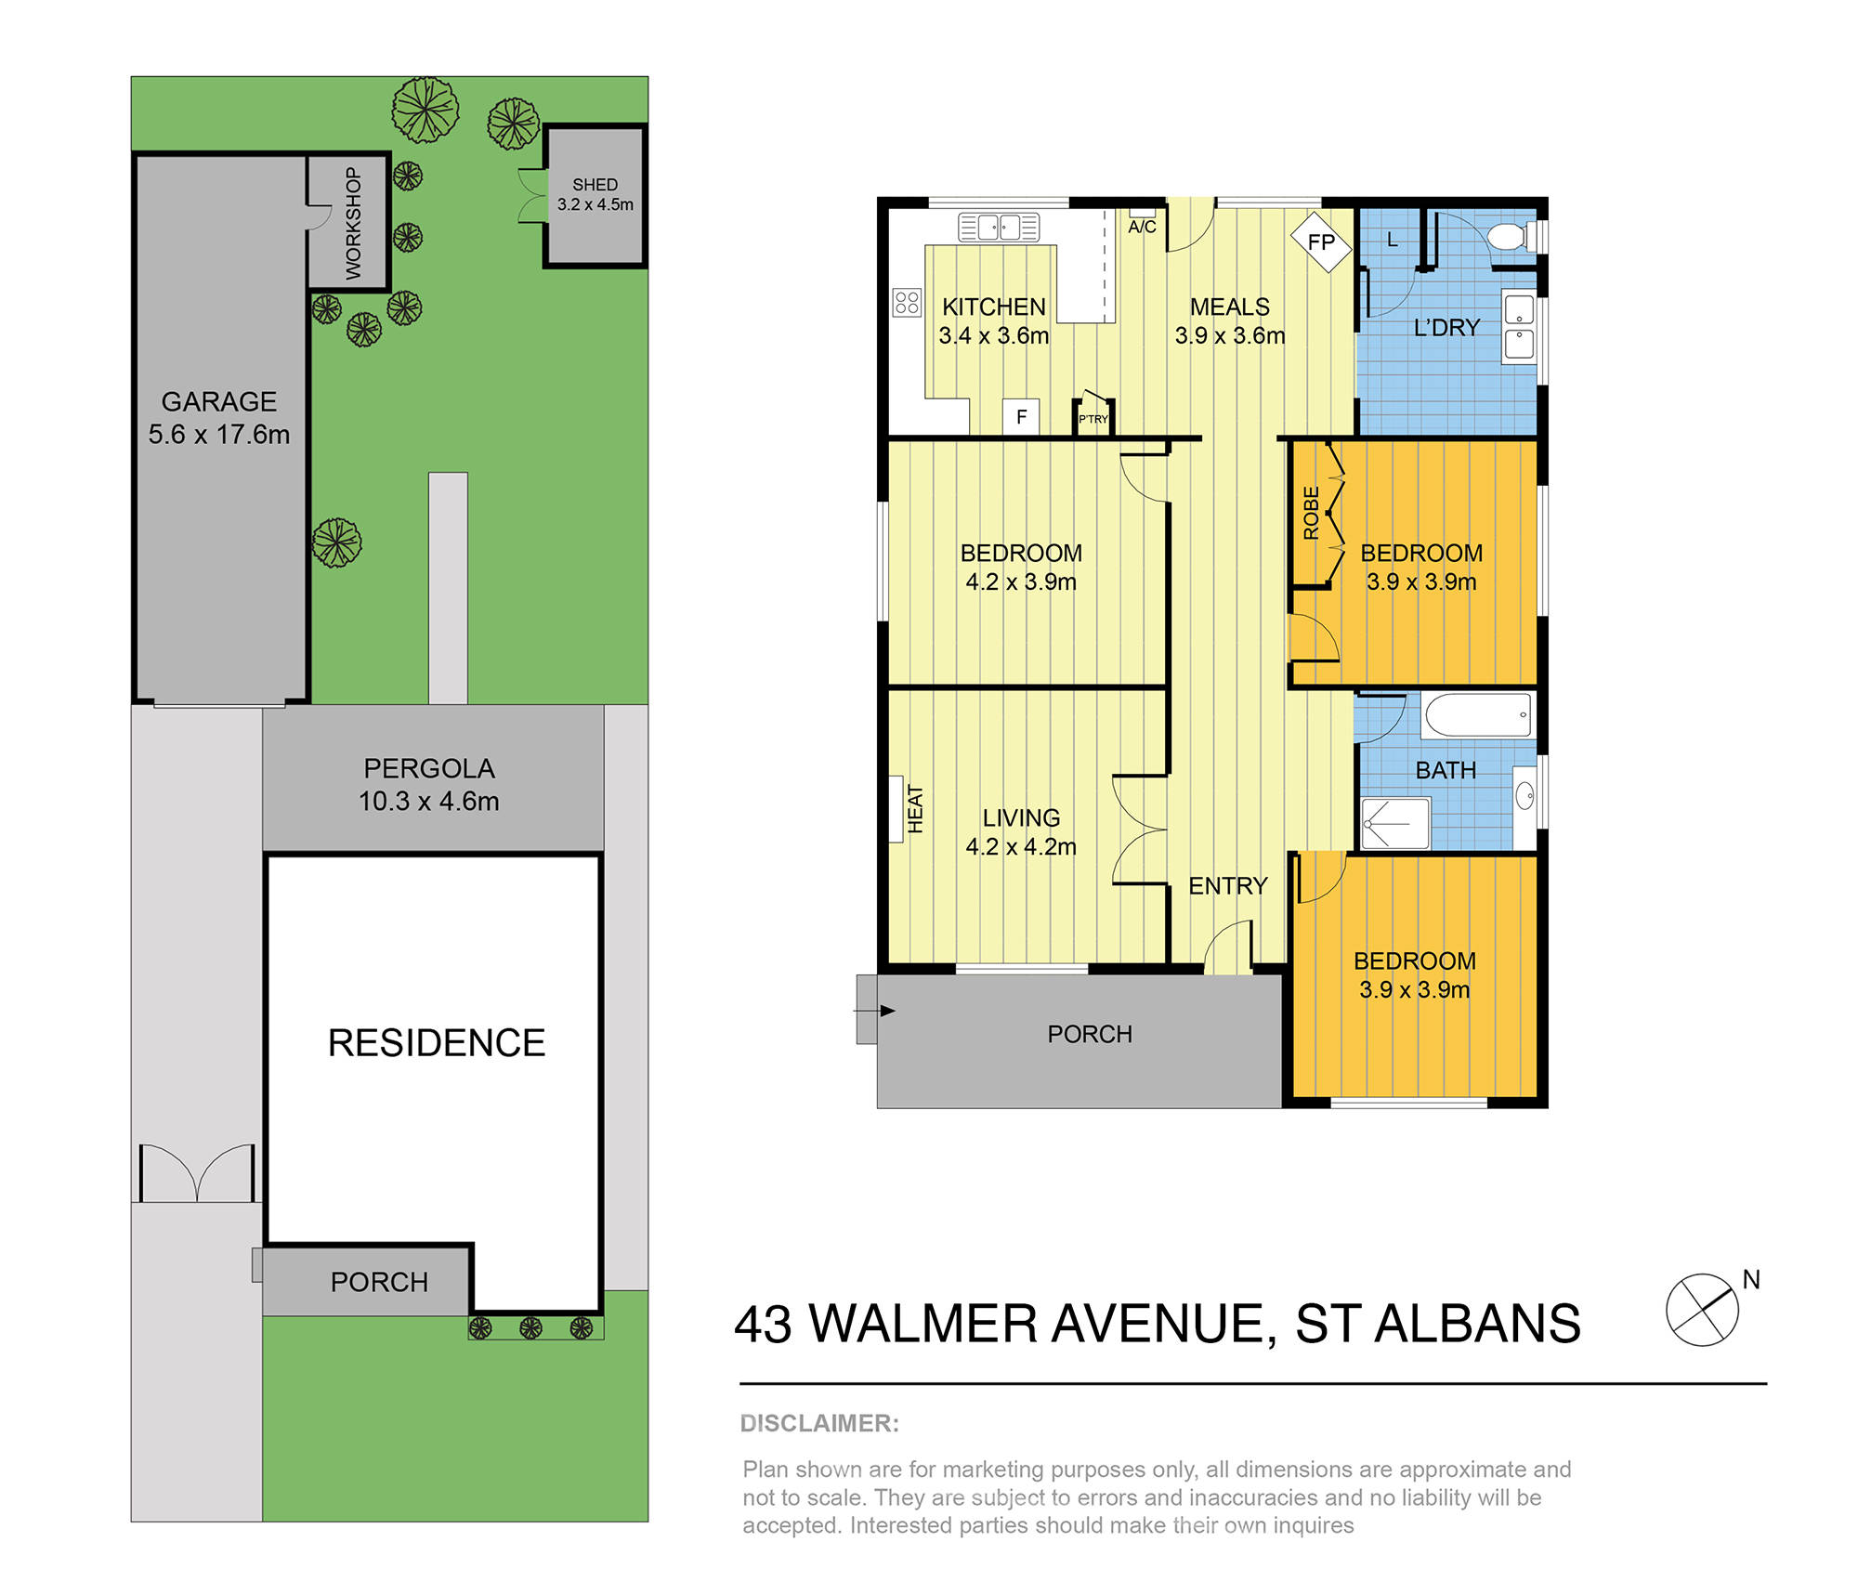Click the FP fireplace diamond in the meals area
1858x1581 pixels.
pyautogui.click(x=1321, y=242)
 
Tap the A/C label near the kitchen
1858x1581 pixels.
pyautogui.click(x=1142, y=227)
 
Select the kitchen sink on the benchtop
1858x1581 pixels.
pyautogui.click(x=999, y=227)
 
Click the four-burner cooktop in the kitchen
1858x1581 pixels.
pyautogui.click(x=907, y=302)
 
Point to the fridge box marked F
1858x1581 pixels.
pyautogui.click(x=1021, y=417)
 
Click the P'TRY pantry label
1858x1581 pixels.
pyautogui.click(x=1093, y=419)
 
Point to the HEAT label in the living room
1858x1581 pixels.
pyautogui.click(x=915, y=809)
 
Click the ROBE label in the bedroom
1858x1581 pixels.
pyautogui.click(x=1311, y=513)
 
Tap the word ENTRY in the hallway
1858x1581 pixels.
pyautogui.click(x=1227, y=886)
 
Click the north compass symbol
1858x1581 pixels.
pyautogui.click(x=1702, y=1310)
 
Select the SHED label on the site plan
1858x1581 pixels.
pyautogui.click(x=595, y=185)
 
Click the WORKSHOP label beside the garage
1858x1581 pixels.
pyautogui.click(x=353, y=223)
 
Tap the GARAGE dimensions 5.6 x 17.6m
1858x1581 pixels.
pyautogui.click(x=219, y=434)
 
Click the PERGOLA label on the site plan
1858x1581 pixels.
pyautogui.click(x=428, y=768)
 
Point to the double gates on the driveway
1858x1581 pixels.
pyautogui.click(x=197, y=1174)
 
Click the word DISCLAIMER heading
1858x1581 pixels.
pyautogui.click(x=819, y=1423)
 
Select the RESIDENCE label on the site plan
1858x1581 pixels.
pyautogui.click(x=436, y=1043)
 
